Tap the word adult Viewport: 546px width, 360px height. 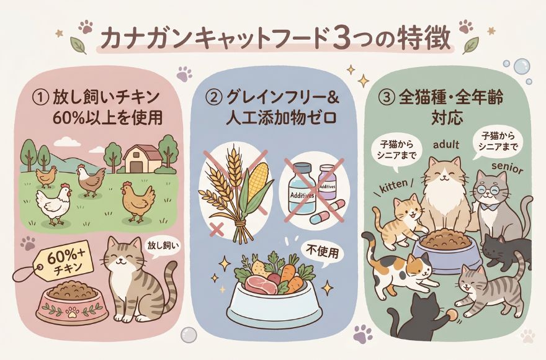coord(446,144)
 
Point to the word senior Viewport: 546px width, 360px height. coord(508,168)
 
